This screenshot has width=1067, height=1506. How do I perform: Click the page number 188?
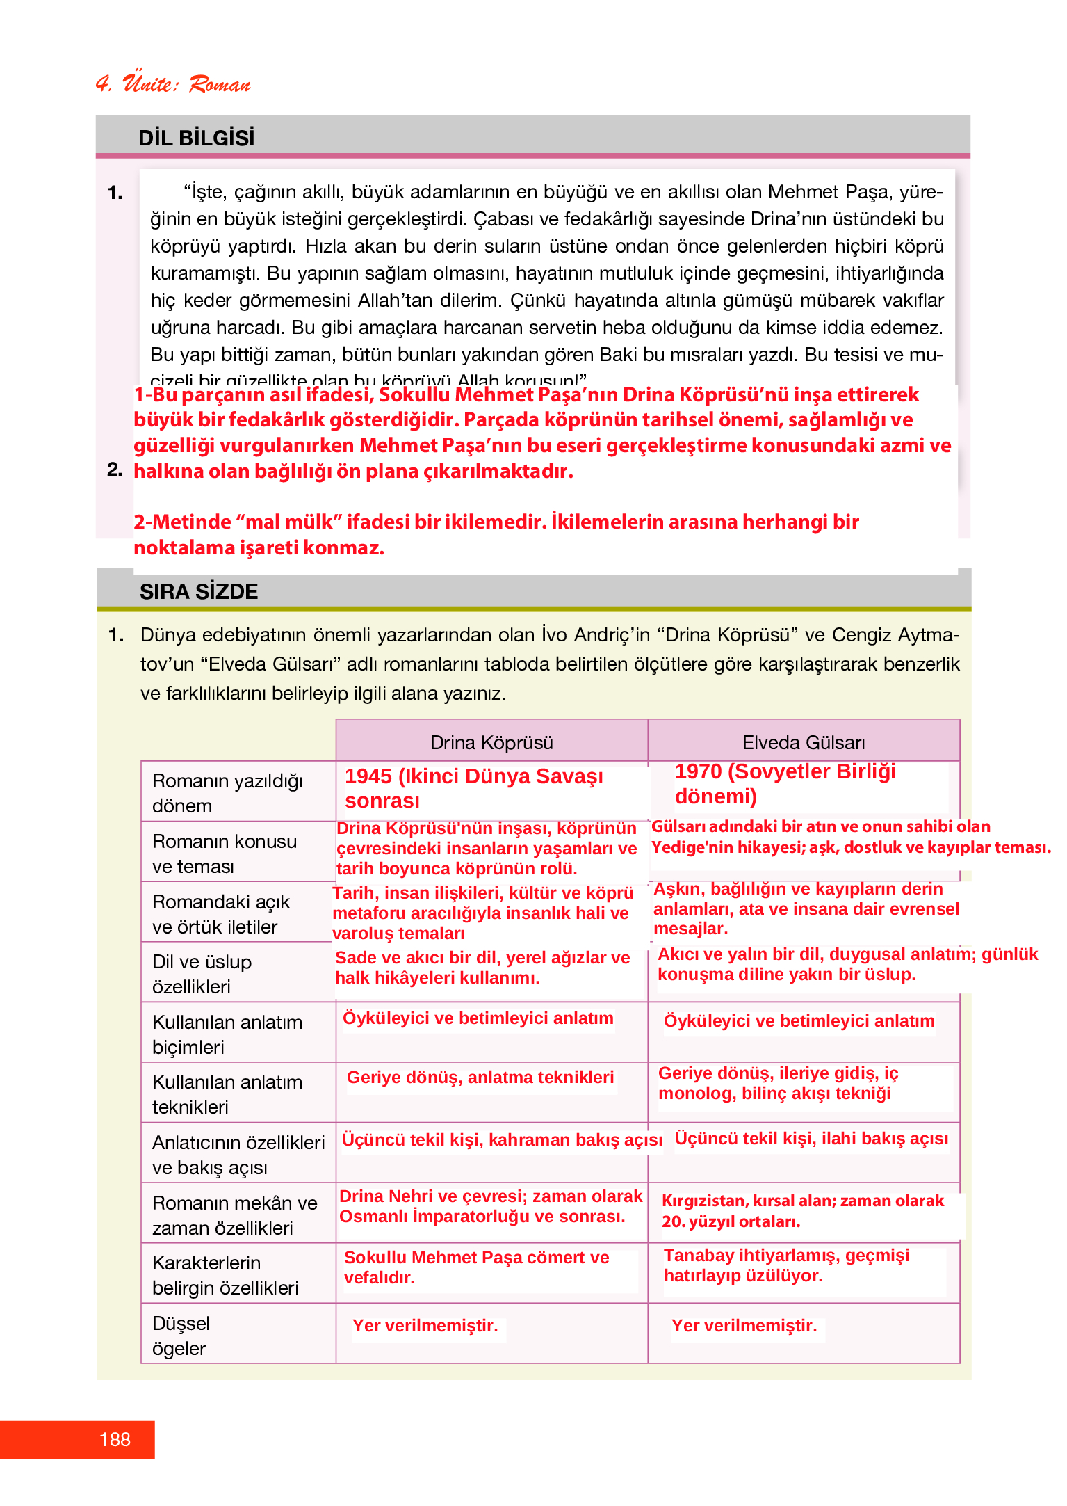click(115, 1439)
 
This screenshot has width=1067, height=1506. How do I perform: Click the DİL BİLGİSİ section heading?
click(196, 138)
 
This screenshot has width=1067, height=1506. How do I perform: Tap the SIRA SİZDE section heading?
click(199, 591)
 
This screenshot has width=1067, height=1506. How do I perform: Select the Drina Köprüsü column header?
click(491, 742)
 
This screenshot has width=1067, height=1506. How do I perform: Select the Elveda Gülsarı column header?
click(804, 742)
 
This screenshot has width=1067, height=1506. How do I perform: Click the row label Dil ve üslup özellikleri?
click(202, 974)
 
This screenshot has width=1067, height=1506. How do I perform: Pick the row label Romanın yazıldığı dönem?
click(227, 793)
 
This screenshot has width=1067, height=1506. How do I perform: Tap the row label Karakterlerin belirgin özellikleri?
click(225, 1275)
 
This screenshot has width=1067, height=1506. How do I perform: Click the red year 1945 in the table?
click(368, 776)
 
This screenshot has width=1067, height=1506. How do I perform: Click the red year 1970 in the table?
click(698, 771)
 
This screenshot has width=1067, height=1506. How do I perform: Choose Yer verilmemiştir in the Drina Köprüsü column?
click(425, 1326)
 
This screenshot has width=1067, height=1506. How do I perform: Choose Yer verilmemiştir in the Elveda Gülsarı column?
click(744, 1326)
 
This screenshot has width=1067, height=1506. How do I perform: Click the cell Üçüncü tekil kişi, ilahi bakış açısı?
click(811, 1139)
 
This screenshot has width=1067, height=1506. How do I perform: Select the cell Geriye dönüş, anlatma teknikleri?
click(480, 1078)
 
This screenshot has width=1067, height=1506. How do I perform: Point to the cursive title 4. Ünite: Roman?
click(173, 83)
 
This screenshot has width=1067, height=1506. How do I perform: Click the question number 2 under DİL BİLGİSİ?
click(115, 470)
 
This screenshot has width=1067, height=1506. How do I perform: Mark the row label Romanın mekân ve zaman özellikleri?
click(234, 1215)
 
